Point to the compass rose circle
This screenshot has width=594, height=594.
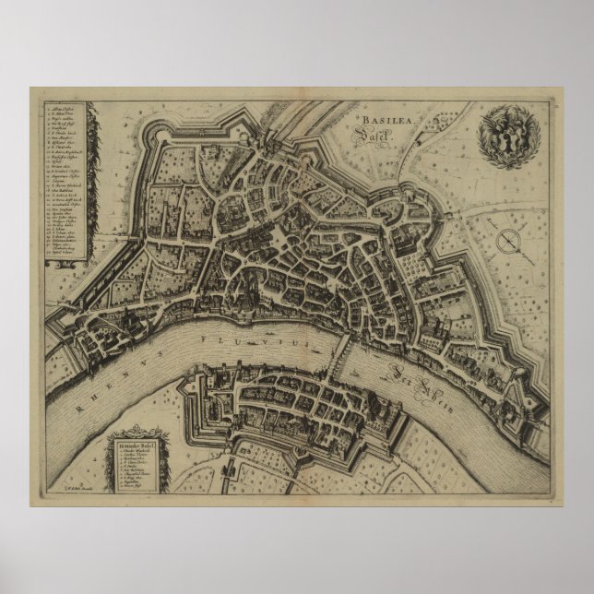tap(508, 241)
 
